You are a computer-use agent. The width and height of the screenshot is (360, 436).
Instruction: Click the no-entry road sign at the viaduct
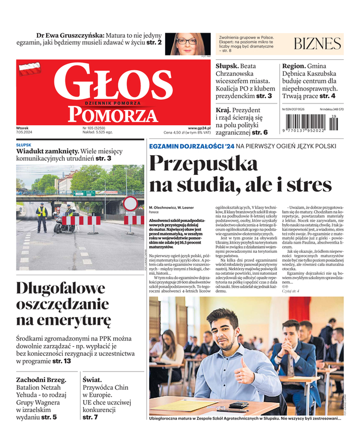point(130,204)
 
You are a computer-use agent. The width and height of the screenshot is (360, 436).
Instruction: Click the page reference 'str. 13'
point(62,361)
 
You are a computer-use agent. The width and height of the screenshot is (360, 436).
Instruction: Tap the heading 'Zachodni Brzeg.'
point(41,380)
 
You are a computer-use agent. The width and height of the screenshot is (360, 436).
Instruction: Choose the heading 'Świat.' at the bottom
point(94,380)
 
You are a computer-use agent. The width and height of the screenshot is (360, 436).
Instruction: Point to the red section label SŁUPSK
point(23,145)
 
